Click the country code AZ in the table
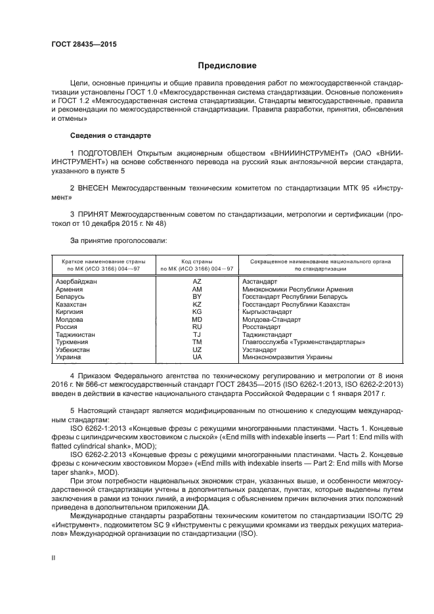[x=196, y=281]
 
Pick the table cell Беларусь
[x=71, y=297]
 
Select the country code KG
[x=196, y=312]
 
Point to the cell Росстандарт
[x=261, y=327]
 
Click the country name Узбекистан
[x=74, y=350]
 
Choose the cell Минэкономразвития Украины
[x=288, y=357]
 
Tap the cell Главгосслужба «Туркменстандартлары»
[x=303, y=342]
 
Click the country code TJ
[x=196, y=335]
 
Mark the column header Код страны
[x=196, y=261]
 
